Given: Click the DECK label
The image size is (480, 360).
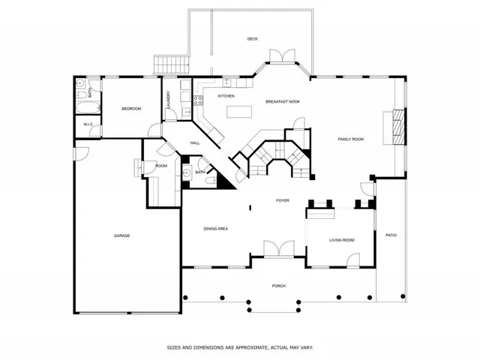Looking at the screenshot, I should (252, 39).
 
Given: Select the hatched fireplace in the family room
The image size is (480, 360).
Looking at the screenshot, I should (399, 127).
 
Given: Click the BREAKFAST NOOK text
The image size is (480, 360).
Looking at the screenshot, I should (283, 101).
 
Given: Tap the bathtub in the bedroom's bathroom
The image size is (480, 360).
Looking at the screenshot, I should (81, 113).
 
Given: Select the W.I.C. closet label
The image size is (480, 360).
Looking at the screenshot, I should (87, 124).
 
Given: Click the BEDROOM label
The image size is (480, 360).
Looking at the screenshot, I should (131, 109).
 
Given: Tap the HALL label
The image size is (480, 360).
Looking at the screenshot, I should (194, 142).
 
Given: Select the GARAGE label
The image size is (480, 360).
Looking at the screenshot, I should (121, 235).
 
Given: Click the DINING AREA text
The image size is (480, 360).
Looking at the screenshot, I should (215, 228).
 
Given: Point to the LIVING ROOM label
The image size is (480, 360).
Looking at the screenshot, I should (341, 240).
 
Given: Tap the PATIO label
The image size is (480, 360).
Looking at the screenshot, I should (391, 235).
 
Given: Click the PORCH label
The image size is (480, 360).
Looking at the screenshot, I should (278, 286).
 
